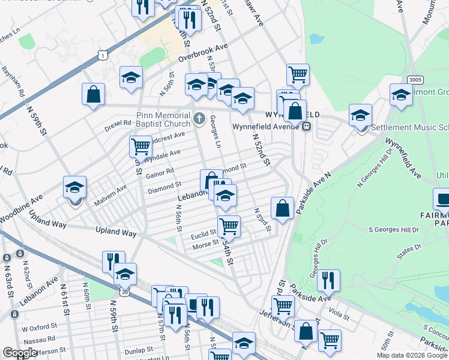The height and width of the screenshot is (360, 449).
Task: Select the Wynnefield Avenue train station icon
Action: point(306,127)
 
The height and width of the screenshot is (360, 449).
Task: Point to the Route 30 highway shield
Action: point(124,292)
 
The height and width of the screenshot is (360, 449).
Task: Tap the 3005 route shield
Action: point(414,79)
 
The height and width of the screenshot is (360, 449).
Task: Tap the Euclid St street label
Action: point(204,232)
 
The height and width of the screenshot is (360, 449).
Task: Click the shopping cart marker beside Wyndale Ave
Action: point(140,146)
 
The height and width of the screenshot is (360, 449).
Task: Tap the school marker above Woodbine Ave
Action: point(75,187)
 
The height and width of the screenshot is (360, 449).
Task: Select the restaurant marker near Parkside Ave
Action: point(328,280)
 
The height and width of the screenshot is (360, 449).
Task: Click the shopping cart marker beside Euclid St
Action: point(229,226)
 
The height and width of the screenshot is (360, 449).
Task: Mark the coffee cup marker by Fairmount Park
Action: point(442,199)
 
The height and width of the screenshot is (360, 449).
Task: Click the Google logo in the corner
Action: point(20,353)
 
